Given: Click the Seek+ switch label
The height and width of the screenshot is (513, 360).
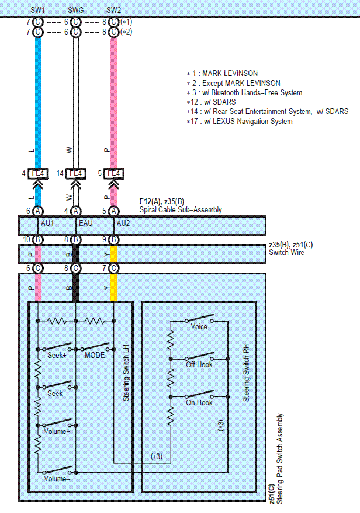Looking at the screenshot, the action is pos(57,355).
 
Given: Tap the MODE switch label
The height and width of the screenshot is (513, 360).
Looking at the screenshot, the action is pos(95,355).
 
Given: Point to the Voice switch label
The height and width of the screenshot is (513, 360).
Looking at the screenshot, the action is pos(199,326).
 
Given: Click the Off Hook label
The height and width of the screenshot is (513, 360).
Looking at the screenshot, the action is pos(199,364).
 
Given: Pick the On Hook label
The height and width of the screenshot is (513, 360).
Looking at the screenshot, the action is pos(199,402).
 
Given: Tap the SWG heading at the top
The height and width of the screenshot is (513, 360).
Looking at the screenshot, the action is pos(75,10).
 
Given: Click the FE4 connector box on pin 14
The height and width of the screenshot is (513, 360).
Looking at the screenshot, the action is pos(76,173).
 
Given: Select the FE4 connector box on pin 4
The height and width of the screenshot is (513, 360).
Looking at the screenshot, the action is pos(38,173).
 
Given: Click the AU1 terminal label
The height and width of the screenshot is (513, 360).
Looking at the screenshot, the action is pos(47,223).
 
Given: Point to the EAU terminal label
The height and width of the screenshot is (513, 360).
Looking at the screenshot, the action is pos(86,223).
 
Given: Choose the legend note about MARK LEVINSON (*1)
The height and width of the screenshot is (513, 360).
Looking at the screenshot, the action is pos(222,73).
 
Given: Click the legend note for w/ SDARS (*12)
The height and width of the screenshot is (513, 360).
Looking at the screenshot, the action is pos(211,102).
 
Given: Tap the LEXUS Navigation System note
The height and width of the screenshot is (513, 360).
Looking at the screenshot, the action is pos(240,122).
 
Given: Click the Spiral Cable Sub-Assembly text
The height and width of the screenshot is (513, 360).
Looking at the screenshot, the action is pos(181,210).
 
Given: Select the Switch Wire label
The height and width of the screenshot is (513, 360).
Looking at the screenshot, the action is pos(286,253).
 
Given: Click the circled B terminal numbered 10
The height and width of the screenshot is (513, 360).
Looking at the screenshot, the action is pos(38,239).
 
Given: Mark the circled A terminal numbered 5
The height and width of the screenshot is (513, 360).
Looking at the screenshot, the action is pos(113,211).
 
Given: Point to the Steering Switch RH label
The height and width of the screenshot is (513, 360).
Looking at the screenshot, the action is pos(246,373).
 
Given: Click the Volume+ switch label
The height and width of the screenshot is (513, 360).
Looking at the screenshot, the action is pos(57,431).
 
